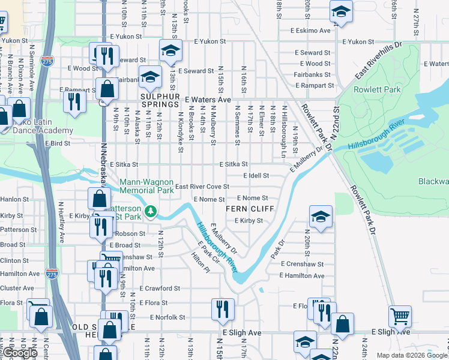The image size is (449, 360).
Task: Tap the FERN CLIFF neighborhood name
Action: [250, 209]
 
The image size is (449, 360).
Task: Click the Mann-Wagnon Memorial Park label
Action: [146, 186]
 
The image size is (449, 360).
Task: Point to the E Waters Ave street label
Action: [208, 100]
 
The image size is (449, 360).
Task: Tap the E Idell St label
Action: [256, 176]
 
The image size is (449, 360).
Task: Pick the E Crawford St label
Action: [160, 288]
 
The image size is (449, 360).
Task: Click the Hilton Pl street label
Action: [200, 263]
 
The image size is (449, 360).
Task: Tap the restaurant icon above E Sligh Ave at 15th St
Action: [223, 308]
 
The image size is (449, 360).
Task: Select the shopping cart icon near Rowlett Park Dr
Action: [400, 315]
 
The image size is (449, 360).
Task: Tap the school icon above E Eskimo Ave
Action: [341, 11]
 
